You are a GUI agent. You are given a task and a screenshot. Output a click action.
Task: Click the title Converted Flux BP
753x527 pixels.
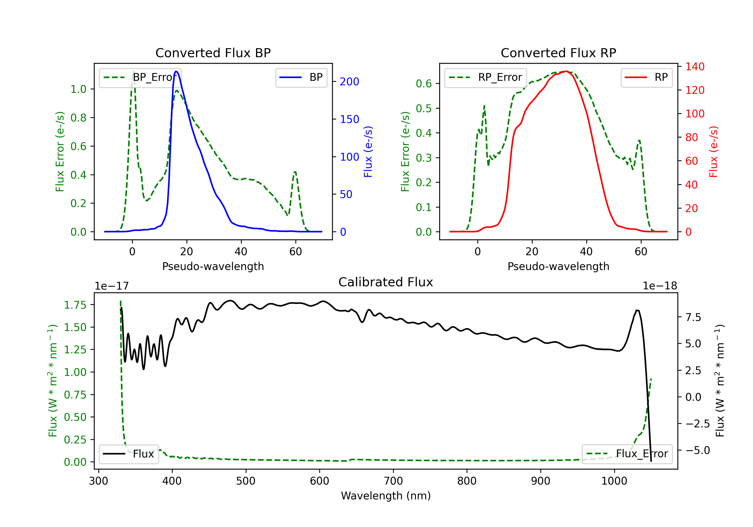click(213, 53)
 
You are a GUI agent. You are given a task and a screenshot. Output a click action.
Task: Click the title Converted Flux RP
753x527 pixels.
click(558, 53)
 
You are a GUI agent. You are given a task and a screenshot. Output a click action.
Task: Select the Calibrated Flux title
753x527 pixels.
click(386, 282)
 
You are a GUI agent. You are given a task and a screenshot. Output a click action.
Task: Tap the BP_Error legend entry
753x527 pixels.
click(140, 77)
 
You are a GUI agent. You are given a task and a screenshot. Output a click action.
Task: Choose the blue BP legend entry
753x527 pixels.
click(301, 77)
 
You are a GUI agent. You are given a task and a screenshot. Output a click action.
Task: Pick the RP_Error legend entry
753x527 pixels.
click(485, 77)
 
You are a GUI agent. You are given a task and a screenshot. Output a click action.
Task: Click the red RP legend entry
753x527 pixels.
click(646, 77)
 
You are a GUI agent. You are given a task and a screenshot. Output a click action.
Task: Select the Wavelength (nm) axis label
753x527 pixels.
click(386, 496)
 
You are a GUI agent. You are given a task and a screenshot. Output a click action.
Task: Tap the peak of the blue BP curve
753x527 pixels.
click(176, 71)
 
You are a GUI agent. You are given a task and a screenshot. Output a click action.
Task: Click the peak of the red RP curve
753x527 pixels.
click(566, 71)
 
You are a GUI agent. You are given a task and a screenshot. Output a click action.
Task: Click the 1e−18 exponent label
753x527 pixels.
click(660, 286)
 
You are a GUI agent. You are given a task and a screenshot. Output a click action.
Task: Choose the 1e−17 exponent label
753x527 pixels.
click(111, 286)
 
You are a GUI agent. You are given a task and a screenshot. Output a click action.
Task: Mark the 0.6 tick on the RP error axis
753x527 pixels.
click(424, 84)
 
